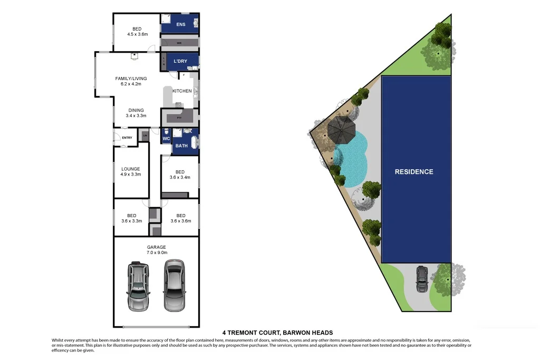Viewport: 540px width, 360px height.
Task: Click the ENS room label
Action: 181,24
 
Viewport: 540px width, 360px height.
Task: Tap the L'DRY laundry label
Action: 180,61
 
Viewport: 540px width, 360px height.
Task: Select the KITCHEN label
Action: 182,91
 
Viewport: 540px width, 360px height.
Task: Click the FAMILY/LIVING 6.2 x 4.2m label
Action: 131,81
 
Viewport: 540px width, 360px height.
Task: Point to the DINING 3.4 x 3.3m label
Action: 136,113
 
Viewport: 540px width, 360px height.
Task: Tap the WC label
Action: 165,139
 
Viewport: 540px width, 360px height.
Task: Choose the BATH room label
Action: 181,145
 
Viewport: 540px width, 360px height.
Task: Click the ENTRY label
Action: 127,138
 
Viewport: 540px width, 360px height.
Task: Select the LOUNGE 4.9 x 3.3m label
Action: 131,171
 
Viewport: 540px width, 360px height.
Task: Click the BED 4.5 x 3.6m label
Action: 137,32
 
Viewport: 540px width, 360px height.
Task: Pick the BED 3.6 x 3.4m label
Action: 180,174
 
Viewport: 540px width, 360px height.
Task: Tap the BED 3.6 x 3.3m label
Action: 131,218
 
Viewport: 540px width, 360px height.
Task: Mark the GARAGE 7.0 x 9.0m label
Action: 156,250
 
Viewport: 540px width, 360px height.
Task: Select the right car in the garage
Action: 173,285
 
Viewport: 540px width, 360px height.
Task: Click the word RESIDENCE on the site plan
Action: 414,172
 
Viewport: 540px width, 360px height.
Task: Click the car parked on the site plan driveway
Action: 422,279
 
